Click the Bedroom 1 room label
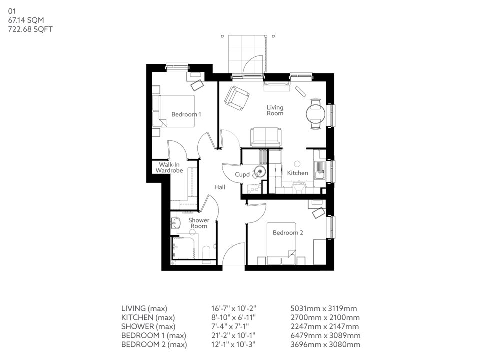pos(186,114)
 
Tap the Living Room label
pos(275,110)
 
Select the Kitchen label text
pos(297,173)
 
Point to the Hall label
pos(220,187)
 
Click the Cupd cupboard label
pos(242,175)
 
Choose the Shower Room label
pos(198,223)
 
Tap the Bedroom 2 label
pos(287,232)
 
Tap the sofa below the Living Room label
pos(266,137)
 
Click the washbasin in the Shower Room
pos(176,223)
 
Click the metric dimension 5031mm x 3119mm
pos(323,308)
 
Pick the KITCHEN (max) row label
pos(145,317)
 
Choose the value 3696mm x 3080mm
pos(325,344)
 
